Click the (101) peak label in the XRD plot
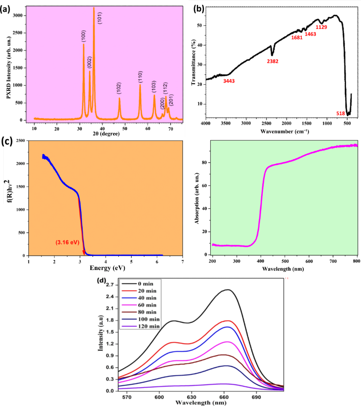[100, 18]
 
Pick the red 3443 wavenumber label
[229, 81]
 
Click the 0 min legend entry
[143, 283]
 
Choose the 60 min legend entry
[144, 305]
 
